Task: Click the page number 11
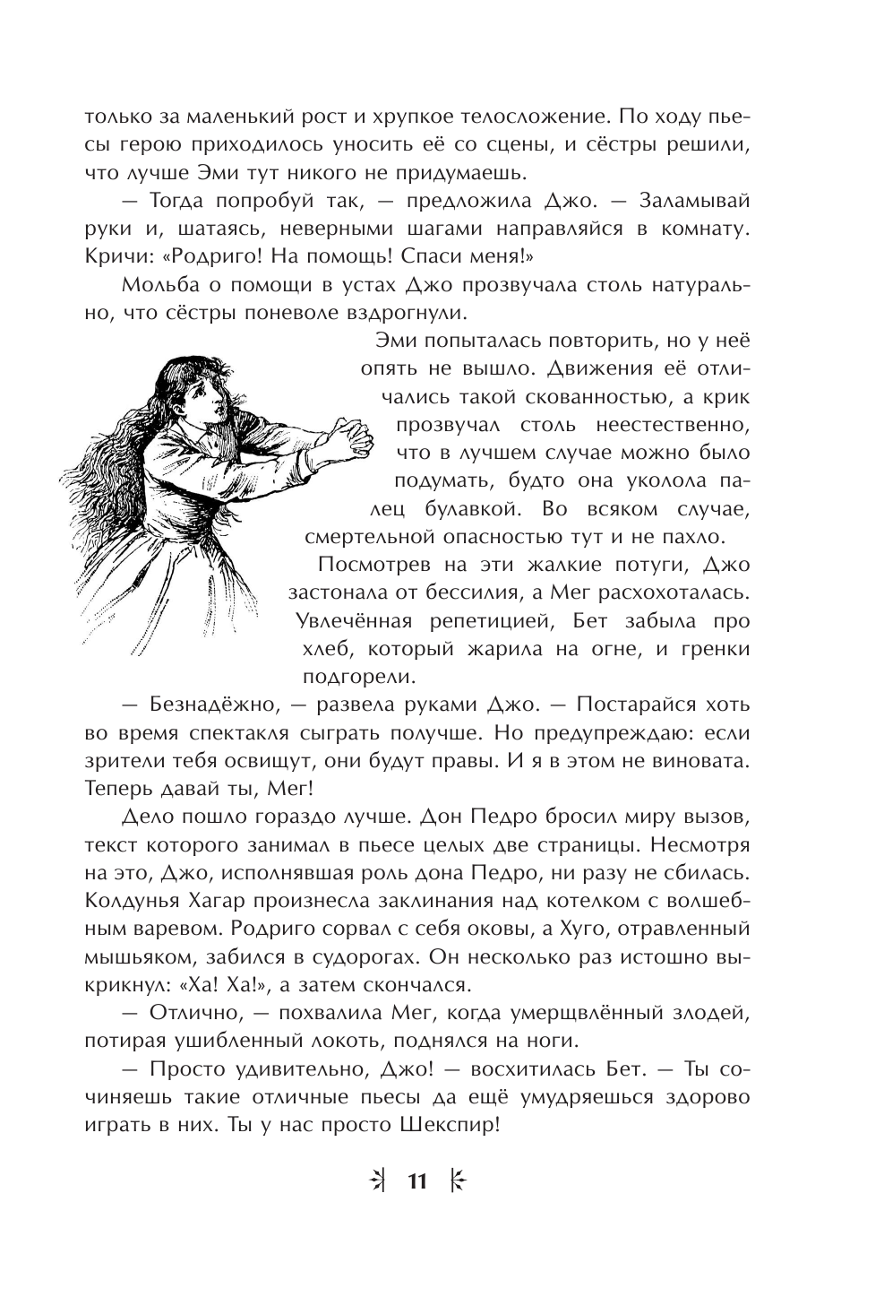[x=417, y=1181]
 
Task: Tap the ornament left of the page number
[x=377, y=1181]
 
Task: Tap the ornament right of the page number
[x=457, y=1181]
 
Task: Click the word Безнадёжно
[x=194, y=705]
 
